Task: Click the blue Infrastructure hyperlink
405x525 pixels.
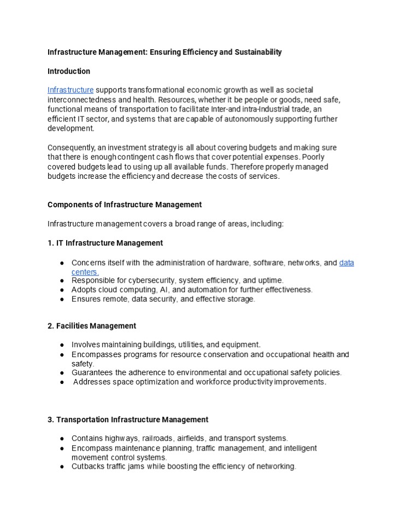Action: [71, 90]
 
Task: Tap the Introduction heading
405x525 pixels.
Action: [69, 71]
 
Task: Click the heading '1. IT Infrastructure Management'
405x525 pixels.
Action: [105, 243]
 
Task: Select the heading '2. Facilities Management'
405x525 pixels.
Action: [92, 326]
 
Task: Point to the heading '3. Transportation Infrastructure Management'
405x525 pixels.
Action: [128, 419]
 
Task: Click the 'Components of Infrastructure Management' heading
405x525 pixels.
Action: [125, 205]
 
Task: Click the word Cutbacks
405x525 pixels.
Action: [89, 466]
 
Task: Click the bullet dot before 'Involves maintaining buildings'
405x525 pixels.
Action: [63, 345]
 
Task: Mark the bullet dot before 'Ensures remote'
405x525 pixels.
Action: [63, 299]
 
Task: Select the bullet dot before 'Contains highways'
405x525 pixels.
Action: [63, 438]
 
